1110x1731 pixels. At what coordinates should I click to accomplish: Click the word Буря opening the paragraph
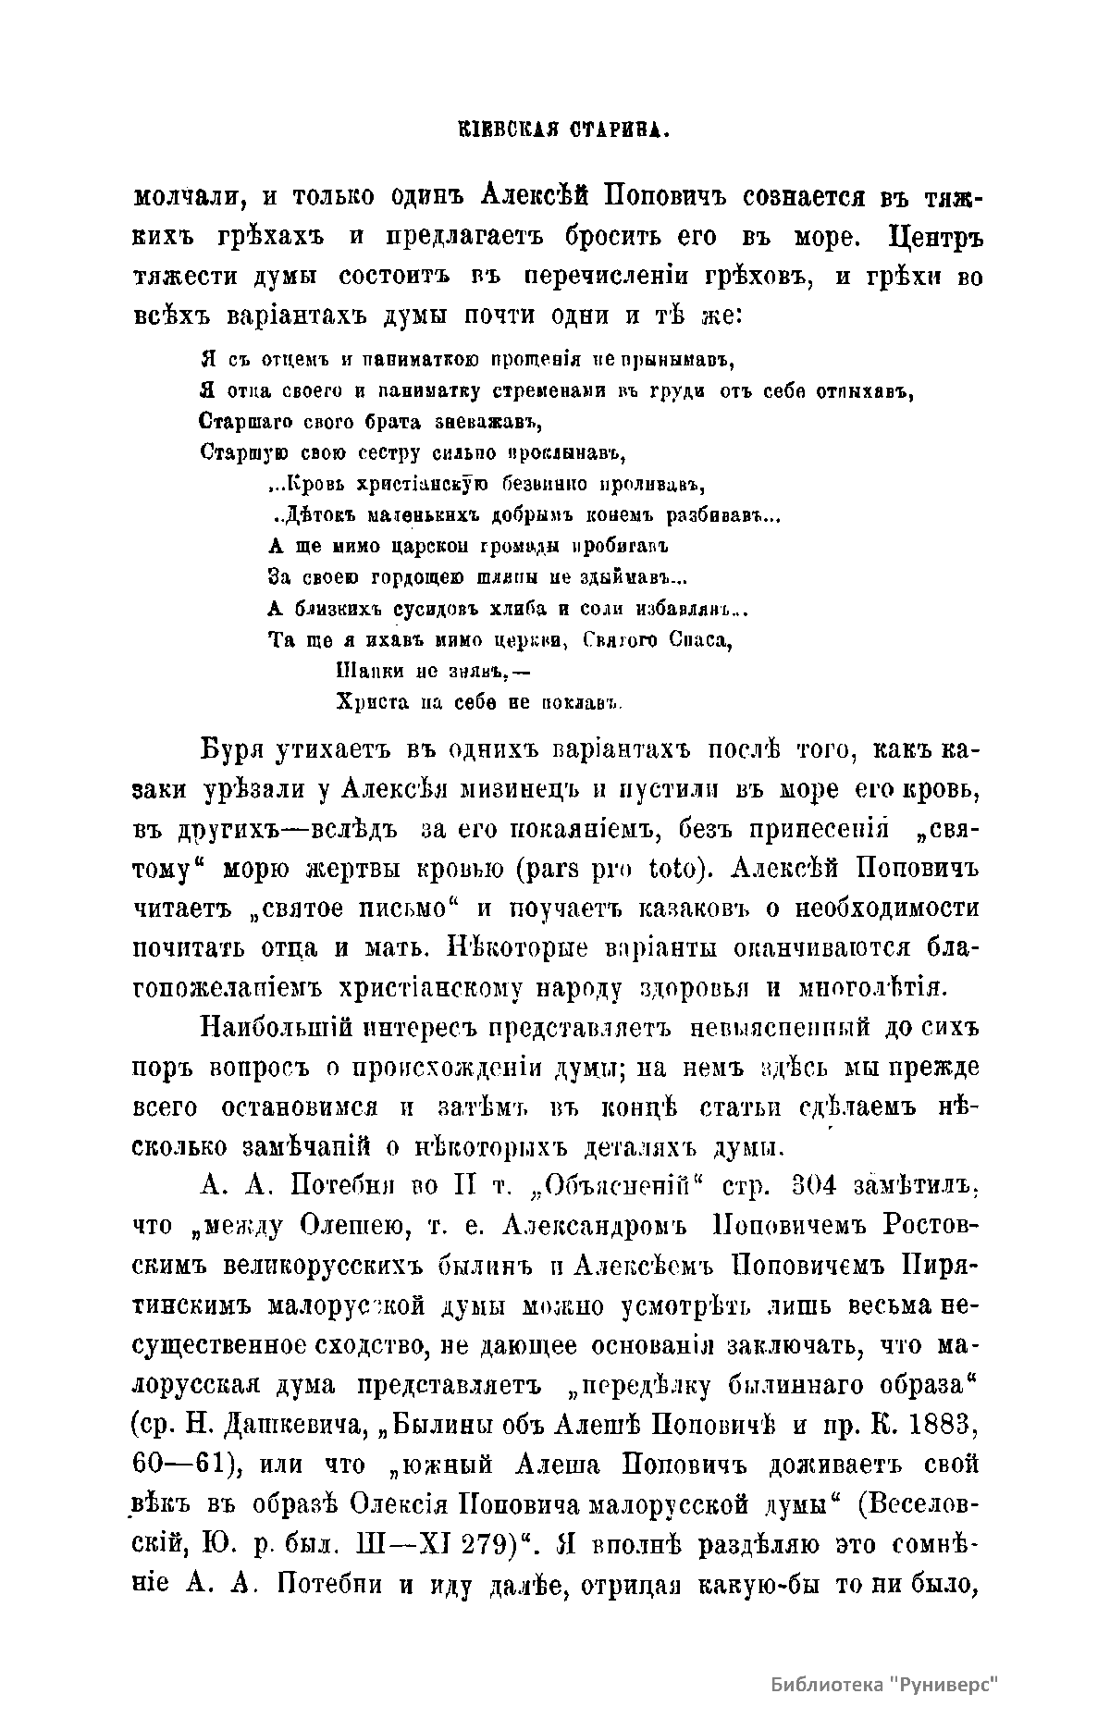(234, 749)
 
